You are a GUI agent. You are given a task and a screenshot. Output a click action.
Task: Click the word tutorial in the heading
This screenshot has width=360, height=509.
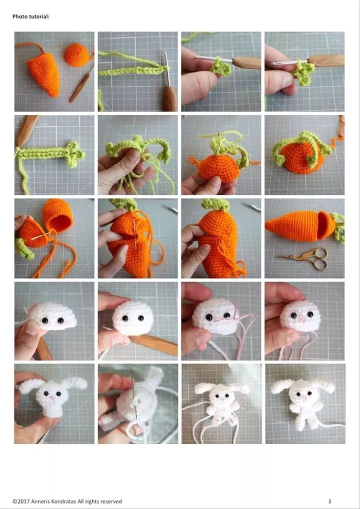tap(39, 16)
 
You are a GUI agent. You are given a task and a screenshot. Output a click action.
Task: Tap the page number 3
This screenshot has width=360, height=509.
tap(329, 501)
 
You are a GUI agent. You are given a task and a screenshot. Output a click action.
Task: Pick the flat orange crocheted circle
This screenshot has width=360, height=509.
tap(78, 54)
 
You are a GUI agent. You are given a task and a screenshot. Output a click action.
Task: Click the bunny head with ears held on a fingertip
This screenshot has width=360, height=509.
tap(52, 396)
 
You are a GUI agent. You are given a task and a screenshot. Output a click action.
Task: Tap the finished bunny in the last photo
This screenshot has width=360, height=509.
tap(303, 402)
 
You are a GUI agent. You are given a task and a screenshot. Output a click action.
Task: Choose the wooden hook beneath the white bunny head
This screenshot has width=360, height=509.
tap(153, 344)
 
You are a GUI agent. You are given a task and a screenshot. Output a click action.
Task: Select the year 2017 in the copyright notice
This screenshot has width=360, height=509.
tap(22, 501)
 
